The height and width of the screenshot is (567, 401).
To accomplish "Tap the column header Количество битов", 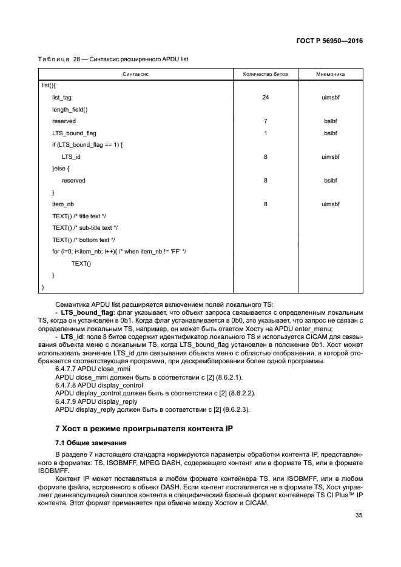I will click(265, 74).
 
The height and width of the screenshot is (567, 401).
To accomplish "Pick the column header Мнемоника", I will click(330, 74).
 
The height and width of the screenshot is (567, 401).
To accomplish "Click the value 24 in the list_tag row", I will click(265, 97).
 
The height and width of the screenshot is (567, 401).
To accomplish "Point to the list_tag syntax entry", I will click(62, 97).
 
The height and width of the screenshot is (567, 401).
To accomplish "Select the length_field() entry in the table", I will click(70, 109).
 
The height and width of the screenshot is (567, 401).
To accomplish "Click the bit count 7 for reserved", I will click(265, 121).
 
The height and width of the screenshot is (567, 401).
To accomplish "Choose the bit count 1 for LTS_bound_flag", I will click(265, 133).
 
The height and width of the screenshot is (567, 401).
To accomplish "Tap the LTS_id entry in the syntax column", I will click(71, 156).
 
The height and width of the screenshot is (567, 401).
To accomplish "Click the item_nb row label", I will click(63, 204).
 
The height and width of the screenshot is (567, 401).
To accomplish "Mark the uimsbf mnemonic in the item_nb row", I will click(330, 204).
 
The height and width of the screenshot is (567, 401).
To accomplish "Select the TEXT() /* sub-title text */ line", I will click(85, 227).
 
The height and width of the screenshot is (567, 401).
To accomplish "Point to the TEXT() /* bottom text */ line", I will click(83, 240).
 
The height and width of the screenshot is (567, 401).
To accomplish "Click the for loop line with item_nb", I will click(119, 251).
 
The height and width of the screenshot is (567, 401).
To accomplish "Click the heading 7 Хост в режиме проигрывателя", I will click(140, 429).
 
